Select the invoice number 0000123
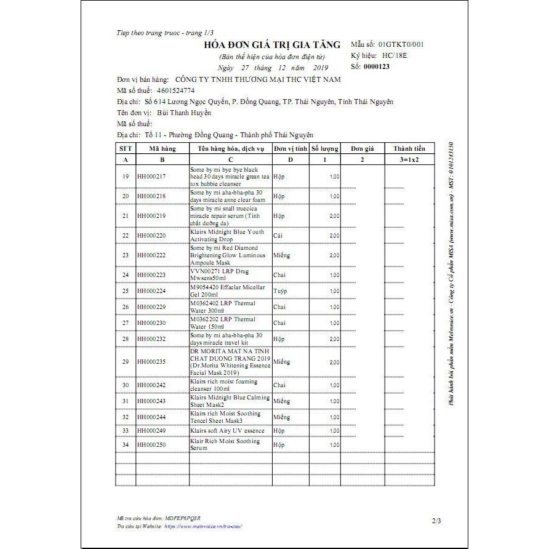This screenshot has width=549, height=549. (377, 66)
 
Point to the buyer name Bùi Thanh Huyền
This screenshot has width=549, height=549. (184, 113)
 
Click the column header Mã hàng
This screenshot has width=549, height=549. (162, 148)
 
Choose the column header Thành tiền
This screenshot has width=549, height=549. (409, 148)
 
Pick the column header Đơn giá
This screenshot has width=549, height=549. (363, 148)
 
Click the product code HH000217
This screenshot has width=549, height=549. (152, 177)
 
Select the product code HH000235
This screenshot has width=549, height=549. (152, 362)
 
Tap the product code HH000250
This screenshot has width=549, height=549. (152, 444)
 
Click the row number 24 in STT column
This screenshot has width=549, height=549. (126, 275)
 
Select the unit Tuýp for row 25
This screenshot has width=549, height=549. (280, 291)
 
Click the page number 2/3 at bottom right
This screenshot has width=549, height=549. (436, 521)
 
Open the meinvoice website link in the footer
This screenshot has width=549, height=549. (203, 526)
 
